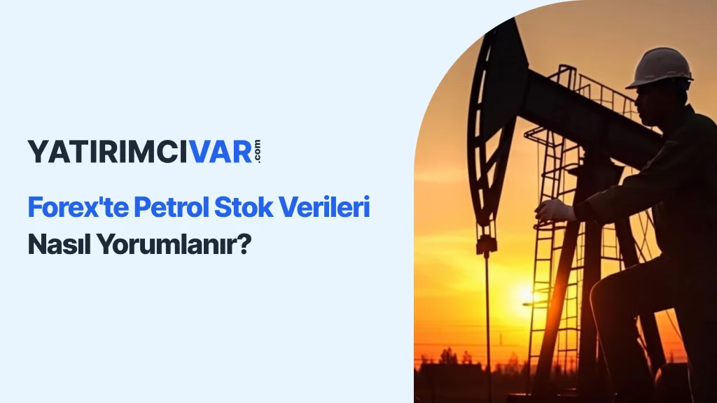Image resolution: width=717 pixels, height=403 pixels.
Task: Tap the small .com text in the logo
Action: point(257,151)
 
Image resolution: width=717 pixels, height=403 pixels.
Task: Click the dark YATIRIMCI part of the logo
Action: point(107,152)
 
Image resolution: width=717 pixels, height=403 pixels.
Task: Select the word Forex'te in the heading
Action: point(77,207)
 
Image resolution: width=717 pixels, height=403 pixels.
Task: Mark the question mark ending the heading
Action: point(245,244)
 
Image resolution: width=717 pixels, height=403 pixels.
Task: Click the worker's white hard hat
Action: point(660,68)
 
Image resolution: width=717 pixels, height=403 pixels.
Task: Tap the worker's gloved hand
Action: point(555,211)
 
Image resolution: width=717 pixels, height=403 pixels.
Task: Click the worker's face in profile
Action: point(648,104)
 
